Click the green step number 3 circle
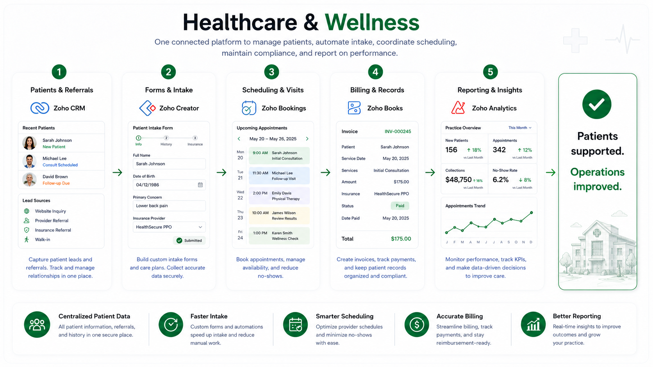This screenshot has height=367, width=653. (x=271, y=72)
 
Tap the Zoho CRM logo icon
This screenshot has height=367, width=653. (x=40, y=108)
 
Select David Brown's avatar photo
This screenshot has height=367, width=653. (x=29, y=179)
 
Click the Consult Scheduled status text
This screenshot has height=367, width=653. (x=60, y=165)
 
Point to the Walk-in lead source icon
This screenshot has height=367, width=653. (x=27, y=239)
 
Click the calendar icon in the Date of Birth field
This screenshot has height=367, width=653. (x=200, y=185)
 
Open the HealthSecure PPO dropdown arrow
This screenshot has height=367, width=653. (x=200, y=227)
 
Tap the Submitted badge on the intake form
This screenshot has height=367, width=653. (x=189, y=240)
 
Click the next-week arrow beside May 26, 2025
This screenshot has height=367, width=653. (x=307, y=139)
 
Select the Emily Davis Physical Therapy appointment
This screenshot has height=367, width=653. (x=279, y=196)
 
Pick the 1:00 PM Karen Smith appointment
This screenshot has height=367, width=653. (x=279, y=236)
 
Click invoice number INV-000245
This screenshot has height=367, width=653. (x=398, y=131)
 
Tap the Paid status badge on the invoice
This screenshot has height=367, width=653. (x=400, y=206)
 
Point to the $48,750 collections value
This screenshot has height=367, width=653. (x=458, y=180)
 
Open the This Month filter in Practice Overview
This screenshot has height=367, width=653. (x=520, y=128)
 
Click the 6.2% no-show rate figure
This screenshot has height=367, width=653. (x=501, y=180)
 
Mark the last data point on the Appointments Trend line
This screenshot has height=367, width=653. (x=532, y=213)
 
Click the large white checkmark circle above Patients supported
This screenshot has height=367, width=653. (x=597, y=104)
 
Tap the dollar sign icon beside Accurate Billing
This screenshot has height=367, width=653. (x=417, y=324)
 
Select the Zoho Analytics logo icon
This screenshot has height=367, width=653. (x=458, y=108)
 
